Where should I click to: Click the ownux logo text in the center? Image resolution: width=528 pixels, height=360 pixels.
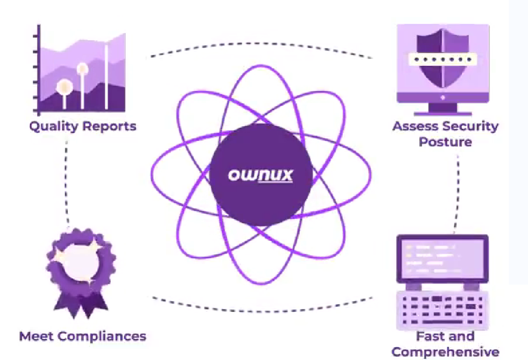tap(261, 175)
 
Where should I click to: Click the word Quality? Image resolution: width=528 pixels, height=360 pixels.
tap(50, 126)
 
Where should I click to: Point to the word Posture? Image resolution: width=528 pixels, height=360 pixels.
tap(445, 142)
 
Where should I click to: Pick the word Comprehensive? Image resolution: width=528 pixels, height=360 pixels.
tap(445, 352)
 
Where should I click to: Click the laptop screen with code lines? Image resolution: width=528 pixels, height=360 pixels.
tap(443, 260)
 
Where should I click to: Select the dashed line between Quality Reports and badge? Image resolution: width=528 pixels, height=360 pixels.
tap(67, 181)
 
